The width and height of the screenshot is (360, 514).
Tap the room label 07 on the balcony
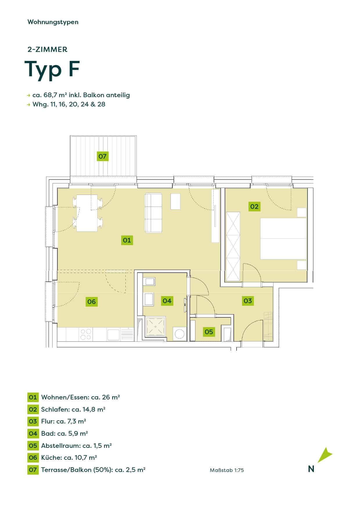[x=102, y=156]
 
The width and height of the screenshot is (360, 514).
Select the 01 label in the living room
[x=127, y=240]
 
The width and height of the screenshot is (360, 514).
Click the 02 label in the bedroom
[x=254, y=207]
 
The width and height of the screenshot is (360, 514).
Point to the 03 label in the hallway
[x=248, y=301]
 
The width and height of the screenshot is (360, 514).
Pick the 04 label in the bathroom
[x=167, y=301]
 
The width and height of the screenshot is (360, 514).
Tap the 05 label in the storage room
[x=209, y=332]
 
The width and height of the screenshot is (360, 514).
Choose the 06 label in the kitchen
[x=91, y=302]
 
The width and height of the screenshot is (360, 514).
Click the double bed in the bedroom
[x=283, y=239]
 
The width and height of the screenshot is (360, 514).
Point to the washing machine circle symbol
[x=180, y=334]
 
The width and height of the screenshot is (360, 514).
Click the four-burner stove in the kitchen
[x=86, y=334]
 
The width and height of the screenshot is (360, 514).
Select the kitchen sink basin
[x=114, y=334]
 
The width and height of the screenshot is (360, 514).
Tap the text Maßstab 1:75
[x=227, y=470]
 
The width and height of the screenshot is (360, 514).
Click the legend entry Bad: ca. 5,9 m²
[x=64, y=433]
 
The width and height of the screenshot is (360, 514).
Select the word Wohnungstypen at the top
[x=53, y=22]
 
